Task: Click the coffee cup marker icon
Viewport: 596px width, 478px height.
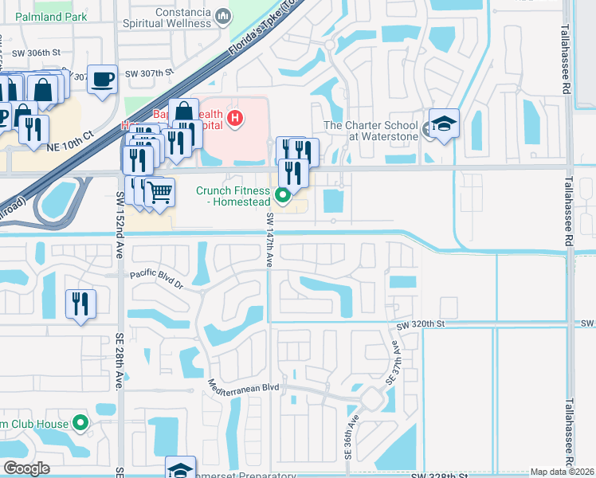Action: (x=102, y=80)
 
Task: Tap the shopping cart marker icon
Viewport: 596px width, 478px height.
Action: (x=159, y=192)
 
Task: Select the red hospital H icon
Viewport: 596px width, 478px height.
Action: (x=234, y=119)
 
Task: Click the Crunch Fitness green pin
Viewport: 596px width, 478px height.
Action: (x=282, y=194)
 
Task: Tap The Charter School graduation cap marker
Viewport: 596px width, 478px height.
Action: (x=444, y=124)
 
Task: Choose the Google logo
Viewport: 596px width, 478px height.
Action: (x=26, y=468)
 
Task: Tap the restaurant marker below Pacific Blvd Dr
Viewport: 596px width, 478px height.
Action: (x=80, y=304)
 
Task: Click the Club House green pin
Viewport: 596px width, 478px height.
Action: (x=80, y=422)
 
